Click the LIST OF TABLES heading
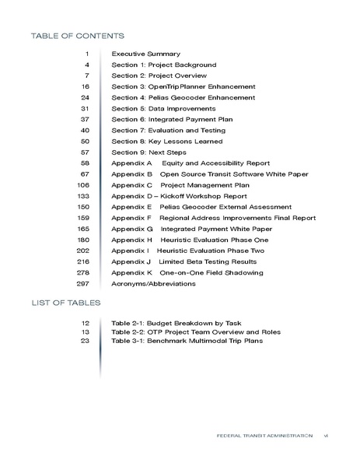tap(65, 301)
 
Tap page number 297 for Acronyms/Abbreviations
tap(85, 284)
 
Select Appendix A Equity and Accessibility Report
tap(190, 163)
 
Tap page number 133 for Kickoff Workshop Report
tap(85, 196)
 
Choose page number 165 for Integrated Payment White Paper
tap(85, 229)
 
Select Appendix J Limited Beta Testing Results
tap(183, 262)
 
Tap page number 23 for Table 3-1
tap(86, 340)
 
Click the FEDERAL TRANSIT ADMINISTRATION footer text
tap(265, 436)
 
